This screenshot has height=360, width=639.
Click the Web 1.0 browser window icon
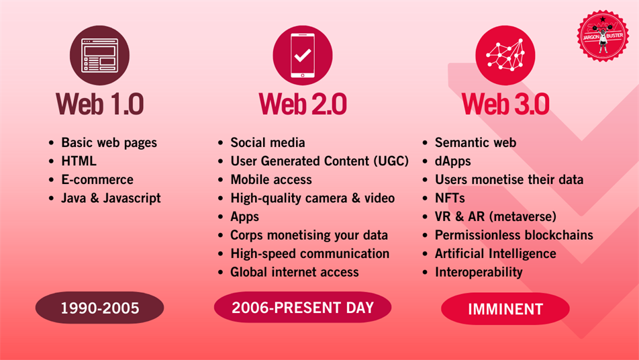[100, 56]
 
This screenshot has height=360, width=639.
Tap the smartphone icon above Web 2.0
[303, 56]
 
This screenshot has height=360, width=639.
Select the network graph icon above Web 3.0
[505, 56]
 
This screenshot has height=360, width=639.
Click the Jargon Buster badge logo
[603, 36]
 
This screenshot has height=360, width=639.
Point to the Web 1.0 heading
[100, 104]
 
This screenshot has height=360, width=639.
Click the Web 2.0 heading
[303, 104]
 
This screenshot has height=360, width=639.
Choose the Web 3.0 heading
[505, 104]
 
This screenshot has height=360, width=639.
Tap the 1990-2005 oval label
[100, 308]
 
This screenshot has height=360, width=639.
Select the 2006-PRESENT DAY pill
[303, 308]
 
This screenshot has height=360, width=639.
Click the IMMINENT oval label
[505, 309]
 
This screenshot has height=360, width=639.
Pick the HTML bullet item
[79, 161]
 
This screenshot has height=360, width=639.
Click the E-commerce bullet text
[97, 179]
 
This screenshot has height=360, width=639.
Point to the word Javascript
[132, 198]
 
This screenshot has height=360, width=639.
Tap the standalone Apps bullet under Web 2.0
[244, 217]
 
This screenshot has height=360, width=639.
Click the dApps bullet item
[453, 161]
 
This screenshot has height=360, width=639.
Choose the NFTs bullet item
[450, 198]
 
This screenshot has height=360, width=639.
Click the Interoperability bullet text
[479, 272]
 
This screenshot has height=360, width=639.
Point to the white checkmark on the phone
[303, 55]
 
